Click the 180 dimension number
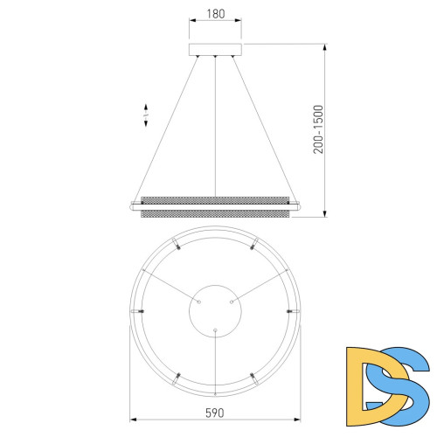coord(215,13)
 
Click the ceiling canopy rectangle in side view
coord(215,48)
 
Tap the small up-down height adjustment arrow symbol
coord(146,116)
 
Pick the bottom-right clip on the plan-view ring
coord(253,376)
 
